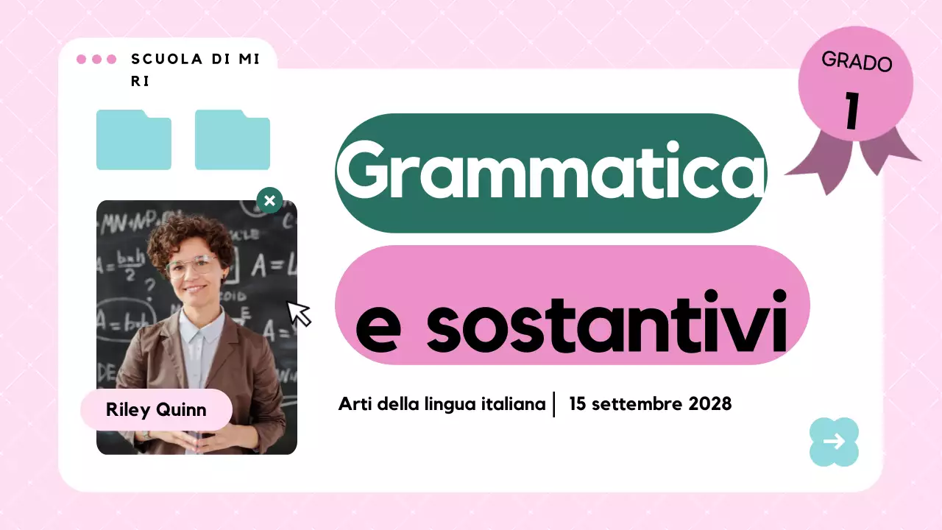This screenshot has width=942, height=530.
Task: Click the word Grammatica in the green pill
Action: [550, 172]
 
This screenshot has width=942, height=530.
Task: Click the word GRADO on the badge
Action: [857, 62]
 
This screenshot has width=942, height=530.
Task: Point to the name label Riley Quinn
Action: [156, 410]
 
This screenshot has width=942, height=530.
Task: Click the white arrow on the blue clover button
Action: [834, 442]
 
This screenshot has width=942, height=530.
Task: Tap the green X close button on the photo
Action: [269, 200]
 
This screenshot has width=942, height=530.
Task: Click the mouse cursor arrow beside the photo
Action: [298, 312]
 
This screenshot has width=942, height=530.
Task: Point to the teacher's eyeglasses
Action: [193, 265]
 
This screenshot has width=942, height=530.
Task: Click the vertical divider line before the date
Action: [554, 404]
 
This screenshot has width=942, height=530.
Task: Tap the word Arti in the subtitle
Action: [353, 404]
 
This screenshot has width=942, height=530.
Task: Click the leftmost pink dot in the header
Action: [82, 59]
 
